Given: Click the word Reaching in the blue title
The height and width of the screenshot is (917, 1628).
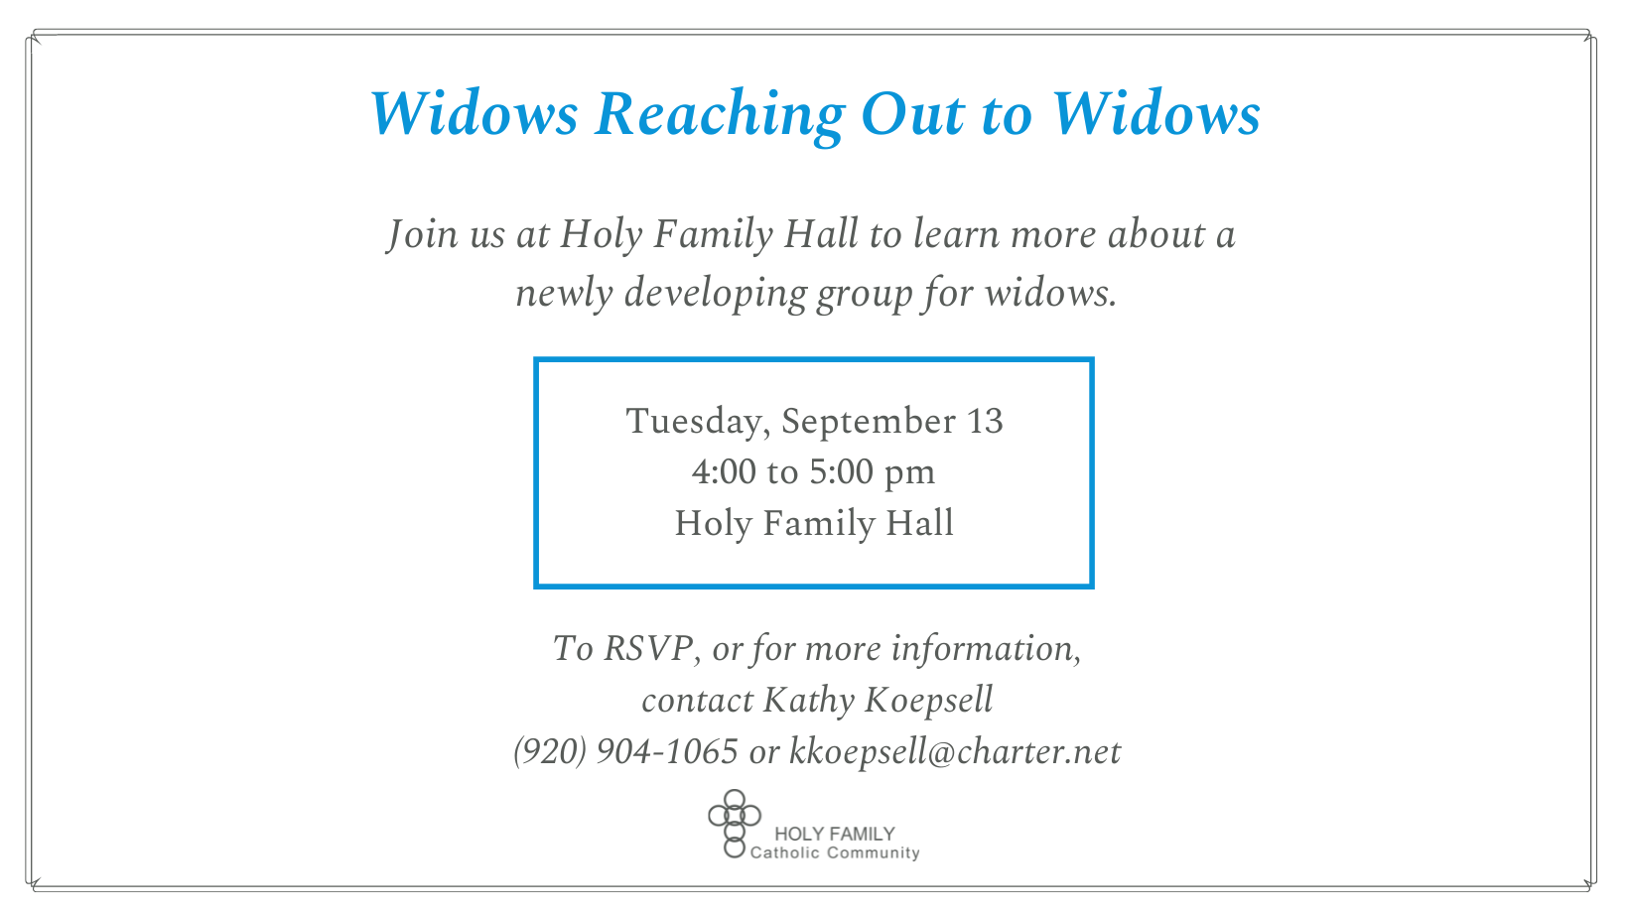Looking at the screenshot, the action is [x=720, y=116].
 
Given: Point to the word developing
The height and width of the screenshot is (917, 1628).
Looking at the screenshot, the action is [x=715, y=294].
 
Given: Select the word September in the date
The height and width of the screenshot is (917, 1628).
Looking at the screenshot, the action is [x=869, y=422].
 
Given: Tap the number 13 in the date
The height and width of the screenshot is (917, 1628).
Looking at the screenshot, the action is [x=985, y=422].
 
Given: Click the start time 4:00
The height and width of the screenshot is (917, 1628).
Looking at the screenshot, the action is [x=724, y=472].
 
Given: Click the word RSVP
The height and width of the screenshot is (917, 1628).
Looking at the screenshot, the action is [x=648, y=648].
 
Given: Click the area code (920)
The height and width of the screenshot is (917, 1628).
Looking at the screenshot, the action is [x=550, y=751].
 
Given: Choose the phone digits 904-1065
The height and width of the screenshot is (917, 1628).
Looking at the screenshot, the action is [x=667, y=751].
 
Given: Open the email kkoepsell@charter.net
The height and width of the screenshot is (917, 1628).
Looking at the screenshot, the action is [x=955, y=752].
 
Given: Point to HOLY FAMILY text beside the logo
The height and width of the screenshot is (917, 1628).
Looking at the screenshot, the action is [x=834, y=834].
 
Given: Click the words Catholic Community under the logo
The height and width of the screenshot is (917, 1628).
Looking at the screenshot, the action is [x=835, y=852].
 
